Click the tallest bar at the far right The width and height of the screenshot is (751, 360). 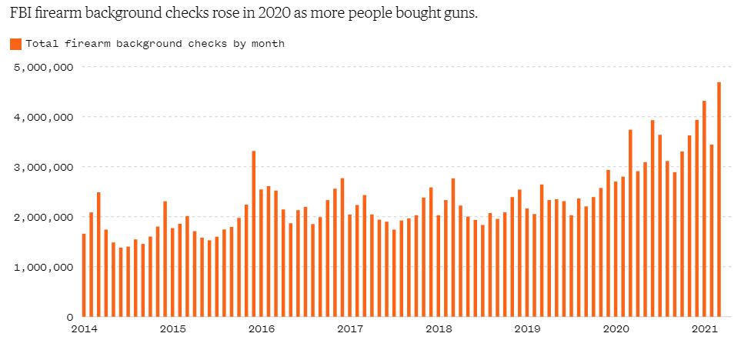pyautogui.click(x=719, y=199)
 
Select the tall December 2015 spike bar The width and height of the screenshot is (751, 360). pyautogui.click(x=253, y=234)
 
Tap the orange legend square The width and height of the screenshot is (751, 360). pyautogui.click(x=16, y=44)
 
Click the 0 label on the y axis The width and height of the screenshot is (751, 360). pyautogui.click(x=70, y=317)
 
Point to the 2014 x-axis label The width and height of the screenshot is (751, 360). pyautogui.click(x=84, y=329)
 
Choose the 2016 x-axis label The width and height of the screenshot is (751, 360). pyautogui.click(x=261, y=329)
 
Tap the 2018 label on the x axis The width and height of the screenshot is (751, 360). pyautogui.click(x=439, y=329)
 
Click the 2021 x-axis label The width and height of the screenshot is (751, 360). pyautogui.click(x=704, y=329)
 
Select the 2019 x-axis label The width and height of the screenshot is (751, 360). pyautogui.click(x=527, y=329)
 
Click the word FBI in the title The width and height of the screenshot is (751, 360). pyautogui.click(x=18, y=13)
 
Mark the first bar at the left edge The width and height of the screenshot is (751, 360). pyautogui.click(x=84, y=275)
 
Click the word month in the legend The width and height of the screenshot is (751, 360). pyautogui.click(x=272, y=44)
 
